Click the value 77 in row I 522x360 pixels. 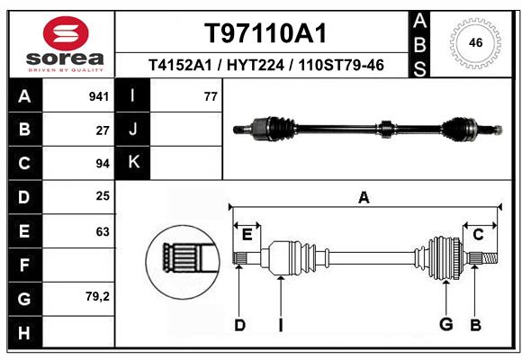211,96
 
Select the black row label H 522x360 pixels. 23,333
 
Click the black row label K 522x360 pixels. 133,162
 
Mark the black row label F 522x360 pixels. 23,265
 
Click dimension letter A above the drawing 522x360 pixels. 364,197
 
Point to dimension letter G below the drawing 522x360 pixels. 445,325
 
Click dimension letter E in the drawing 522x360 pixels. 247,235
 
